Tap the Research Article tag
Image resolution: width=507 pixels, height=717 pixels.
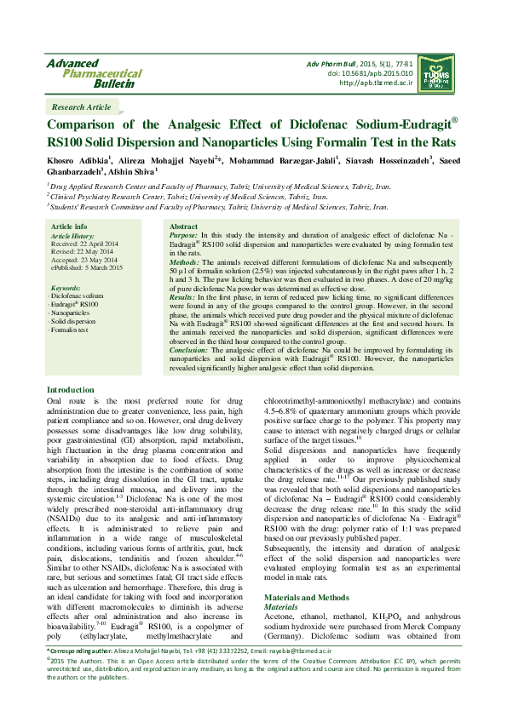click(x=81, y=107)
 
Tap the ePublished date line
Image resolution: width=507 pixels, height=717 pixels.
click(x=87, y=267)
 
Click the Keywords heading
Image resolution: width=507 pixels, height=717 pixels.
click(x=66, y=289)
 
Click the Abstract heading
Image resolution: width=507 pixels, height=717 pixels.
click(x=184, y=227)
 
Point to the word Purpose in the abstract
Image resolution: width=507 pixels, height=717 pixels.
click(x=185, y=234)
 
